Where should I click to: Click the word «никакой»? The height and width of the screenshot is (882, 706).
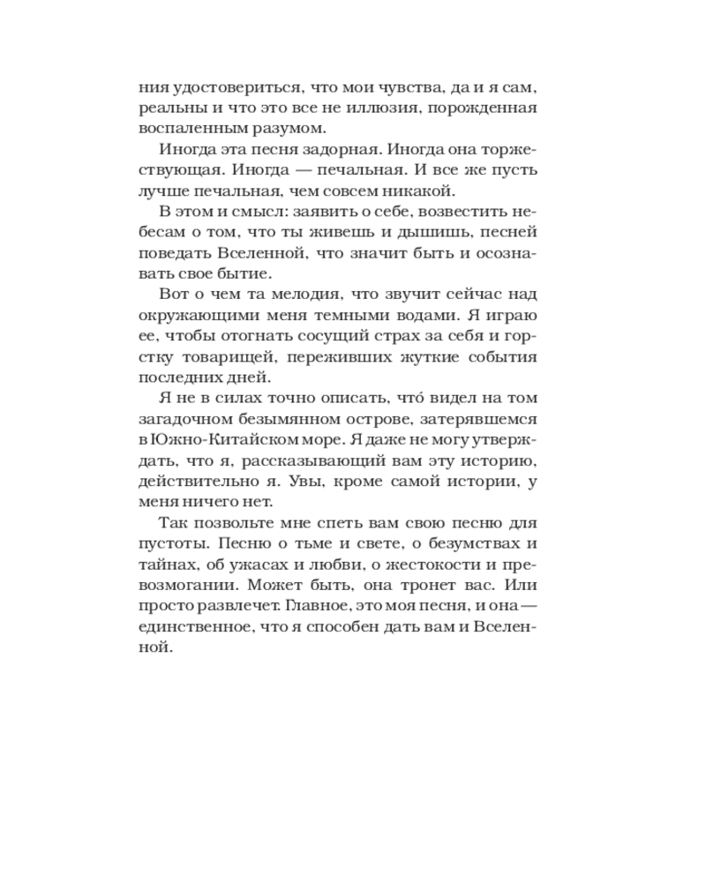point(418,189)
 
